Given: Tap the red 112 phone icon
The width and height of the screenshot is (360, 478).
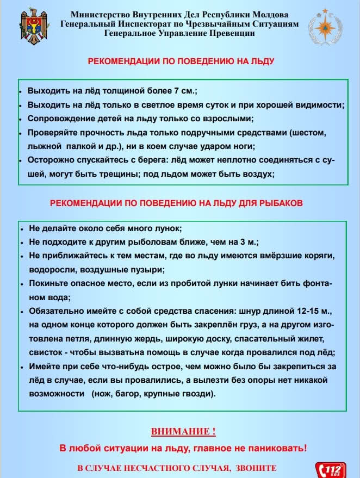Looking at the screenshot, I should (331, 469).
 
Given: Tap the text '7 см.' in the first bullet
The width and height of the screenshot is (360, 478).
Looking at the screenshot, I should (188, 91).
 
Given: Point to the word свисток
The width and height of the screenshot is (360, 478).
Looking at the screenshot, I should (43, 352).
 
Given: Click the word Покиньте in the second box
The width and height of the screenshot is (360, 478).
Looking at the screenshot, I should (46, 283).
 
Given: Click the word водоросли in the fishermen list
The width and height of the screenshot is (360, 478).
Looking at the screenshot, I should (49, 270).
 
